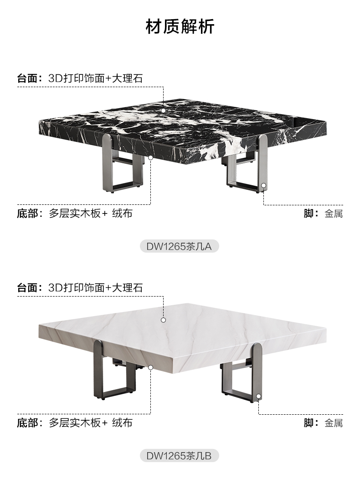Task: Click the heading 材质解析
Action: (180, 27)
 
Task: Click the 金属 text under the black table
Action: (334, 214)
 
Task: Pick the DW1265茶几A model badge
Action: (180, 246)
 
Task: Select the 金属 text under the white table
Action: (334, 423)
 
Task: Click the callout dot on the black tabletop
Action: (163, 110)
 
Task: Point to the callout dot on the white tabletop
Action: (163, 320)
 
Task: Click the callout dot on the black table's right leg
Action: (263, 185)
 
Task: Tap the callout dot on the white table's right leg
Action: (259, 396)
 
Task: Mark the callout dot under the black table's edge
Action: (150, 157)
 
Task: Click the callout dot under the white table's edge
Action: (150, 367)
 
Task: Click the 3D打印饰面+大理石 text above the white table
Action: (95, 288)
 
